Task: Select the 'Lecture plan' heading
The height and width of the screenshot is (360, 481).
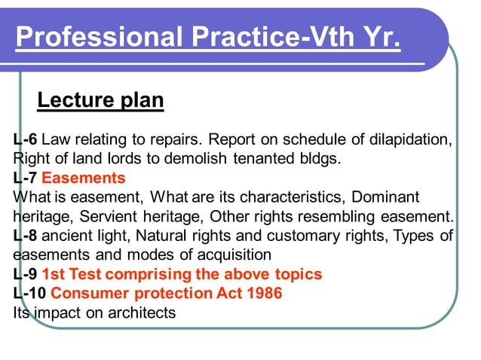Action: click(100, 99)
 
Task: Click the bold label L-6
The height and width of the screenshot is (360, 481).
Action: click(25, 140)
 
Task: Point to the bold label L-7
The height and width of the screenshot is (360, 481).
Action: click(25, 178)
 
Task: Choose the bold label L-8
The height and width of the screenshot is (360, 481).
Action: click(25, 236)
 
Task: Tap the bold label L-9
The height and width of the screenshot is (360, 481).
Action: click(25, 273)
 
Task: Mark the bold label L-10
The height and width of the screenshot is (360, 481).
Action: click(29, 293)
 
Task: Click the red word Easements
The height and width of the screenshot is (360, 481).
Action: click(83, 178)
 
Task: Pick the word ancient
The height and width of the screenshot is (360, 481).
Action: click(66, 236)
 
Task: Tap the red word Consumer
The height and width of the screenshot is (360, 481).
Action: click(86, 293)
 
